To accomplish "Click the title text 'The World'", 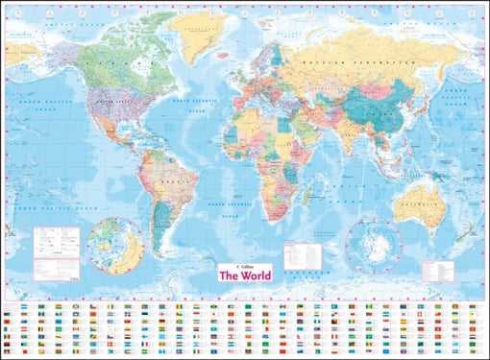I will (246, 276).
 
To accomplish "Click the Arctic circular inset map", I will (116, 245).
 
